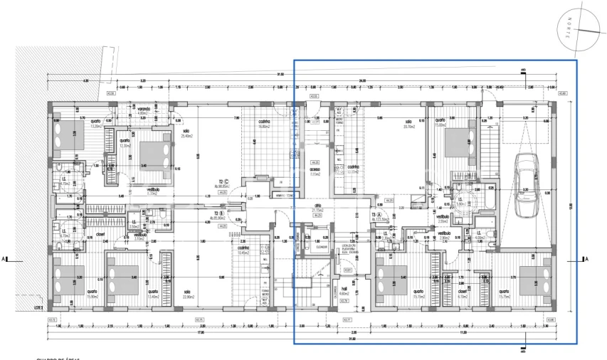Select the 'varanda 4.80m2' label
(x=142, y=111)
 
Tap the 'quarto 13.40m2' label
(x=152, y=294)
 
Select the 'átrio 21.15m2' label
(x=318, y=208)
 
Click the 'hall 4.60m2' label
(x=343, y=290)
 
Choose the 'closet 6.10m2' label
(x=462, y=294)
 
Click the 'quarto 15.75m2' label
(x=504, y=294)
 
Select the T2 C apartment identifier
(x=223, y=182)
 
